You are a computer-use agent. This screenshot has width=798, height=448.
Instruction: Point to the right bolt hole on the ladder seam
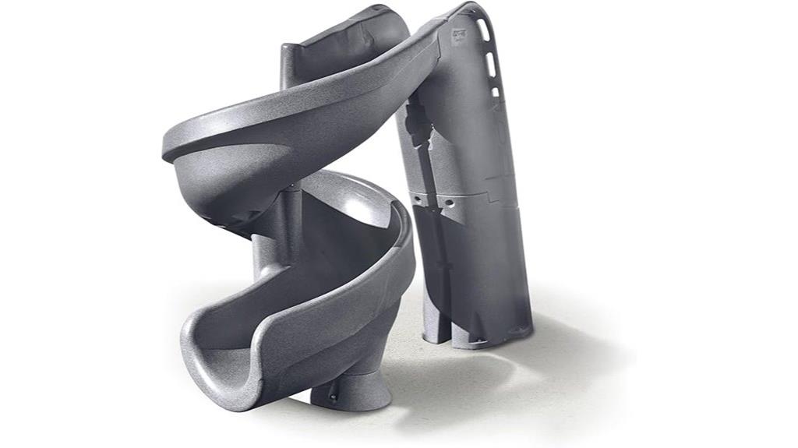coord(449,202)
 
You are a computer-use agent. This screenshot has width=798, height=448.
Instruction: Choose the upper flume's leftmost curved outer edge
coord(167,148)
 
